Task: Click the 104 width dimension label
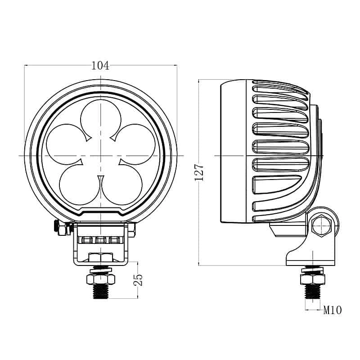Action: [100, 66]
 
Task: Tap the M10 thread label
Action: [333, 310]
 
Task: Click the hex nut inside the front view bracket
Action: [101, 257]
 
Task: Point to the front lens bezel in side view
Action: [233, 153]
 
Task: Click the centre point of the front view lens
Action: [101, 155]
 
